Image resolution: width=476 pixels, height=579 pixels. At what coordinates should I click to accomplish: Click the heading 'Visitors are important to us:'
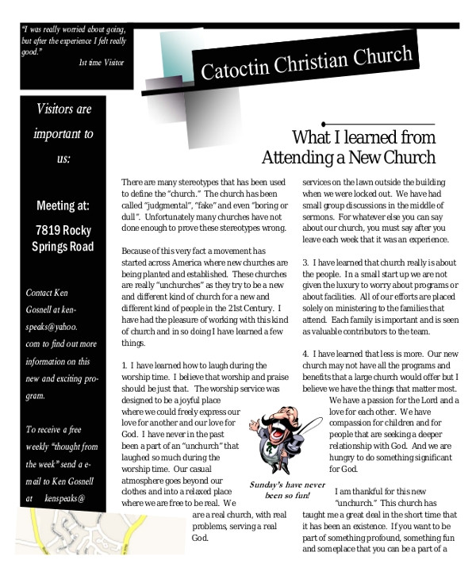pos(63,133)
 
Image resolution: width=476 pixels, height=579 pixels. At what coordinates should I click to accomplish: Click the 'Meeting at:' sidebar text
pos(63,206)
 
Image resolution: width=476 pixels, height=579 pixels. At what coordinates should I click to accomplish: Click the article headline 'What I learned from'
pos(364,136)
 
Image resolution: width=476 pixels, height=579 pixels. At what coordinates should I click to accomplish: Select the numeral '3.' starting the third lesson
pos(306,263)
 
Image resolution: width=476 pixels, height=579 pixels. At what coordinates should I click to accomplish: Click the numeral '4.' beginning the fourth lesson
pos(306,353)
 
